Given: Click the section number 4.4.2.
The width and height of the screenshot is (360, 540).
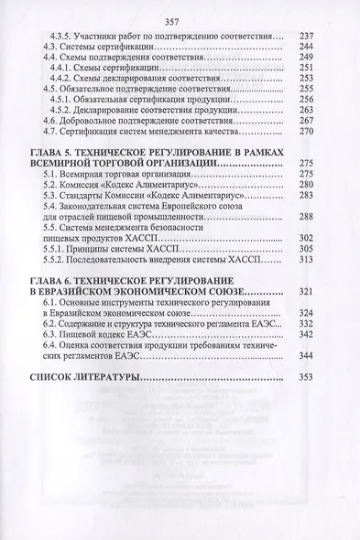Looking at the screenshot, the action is [71, 79].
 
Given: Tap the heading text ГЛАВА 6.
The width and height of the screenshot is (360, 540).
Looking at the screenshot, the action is [54, 279].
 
